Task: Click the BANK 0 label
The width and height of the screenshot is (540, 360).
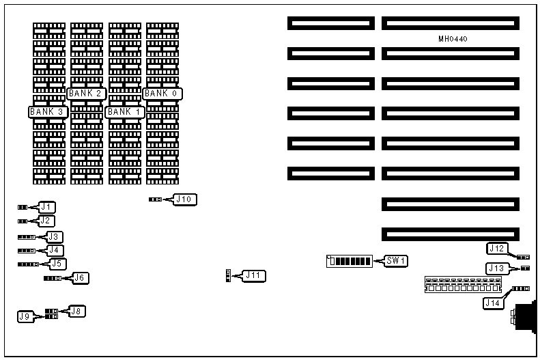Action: tap(163, 93)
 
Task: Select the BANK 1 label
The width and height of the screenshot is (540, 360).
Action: tap(125, 111)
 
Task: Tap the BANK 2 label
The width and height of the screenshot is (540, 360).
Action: tap(87, 93)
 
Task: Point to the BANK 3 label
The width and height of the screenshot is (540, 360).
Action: tap(48, 111)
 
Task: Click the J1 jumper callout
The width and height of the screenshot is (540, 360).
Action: tap(46, 206)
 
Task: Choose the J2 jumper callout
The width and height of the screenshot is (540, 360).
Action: tap(46, 221)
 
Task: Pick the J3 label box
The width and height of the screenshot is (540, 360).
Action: tap(54, 236)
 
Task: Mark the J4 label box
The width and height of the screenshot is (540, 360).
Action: tap(54, 250)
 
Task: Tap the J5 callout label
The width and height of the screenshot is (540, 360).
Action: tap(58, 263)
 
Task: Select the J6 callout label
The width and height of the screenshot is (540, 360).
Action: tap(81, 277)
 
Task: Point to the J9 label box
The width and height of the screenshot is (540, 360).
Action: tap(25, 316)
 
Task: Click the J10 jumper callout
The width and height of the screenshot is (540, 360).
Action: tap(185, 199)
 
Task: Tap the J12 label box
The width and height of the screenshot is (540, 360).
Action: tap(496, 249)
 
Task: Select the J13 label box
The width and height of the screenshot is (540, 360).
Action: tap(496, 268)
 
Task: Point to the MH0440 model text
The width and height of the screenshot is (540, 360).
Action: tap(453, 39)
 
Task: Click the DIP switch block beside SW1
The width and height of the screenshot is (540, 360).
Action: tap(350, 261)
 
